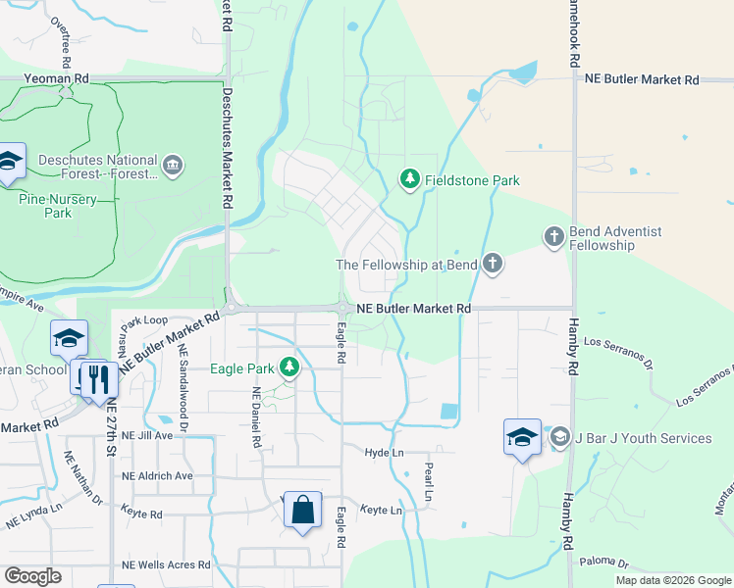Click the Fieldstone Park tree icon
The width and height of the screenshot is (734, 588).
pyautogui.click(x=410, y=179)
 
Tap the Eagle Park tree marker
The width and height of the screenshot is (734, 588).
pyautogui.click(x=288, y=367)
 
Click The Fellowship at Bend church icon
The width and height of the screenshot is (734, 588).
pyautogui.click(x=493, y=264)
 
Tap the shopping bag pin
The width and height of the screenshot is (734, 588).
pyautogui.click(x=302, y=510)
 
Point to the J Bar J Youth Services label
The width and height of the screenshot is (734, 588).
pyautogui.click(x=642, y=438)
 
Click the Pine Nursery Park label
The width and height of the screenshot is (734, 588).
pyautogui.click(x=58, y=205)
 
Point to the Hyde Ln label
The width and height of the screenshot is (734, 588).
pyautogui.click(x=384, y=454)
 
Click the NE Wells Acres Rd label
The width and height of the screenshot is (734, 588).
pyautogui.click(x=166, y=564)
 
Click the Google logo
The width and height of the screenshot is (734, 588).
pyautogui.click(x=33, y=576)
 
